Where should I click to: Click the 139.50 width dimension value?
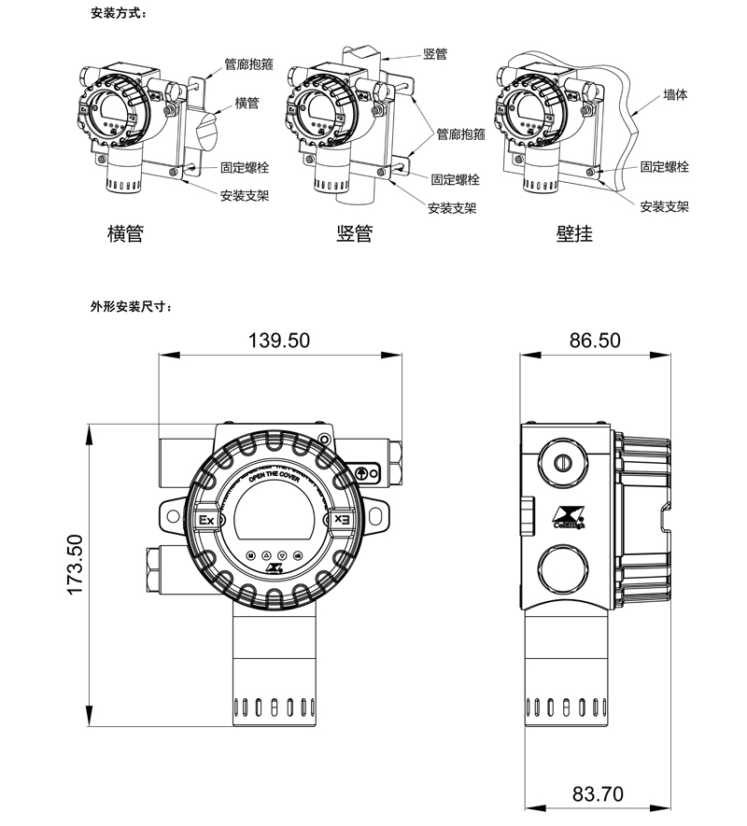[x=278, y=340]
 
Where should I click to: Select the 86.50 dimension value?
[x=595, y=340]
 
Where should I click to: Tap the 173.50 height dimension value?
[x=76, y=566]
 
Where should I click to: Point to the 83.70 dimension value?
[x=598, y=795]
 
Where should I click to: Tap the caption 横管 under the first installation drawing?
[x=126, y=233]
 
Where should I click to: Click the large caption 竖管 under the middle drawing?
[x=354, y=233]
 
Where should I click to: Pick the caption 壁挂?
[x=573, y=233]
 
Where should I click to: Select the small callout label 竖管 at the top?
[x=435, y=54]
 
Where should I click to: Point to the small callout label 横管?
[x=247, y=104]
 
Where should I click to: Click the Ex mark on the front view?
[x=206, y=519]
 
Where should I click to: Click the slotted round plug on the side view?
[x=562, y=461]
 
